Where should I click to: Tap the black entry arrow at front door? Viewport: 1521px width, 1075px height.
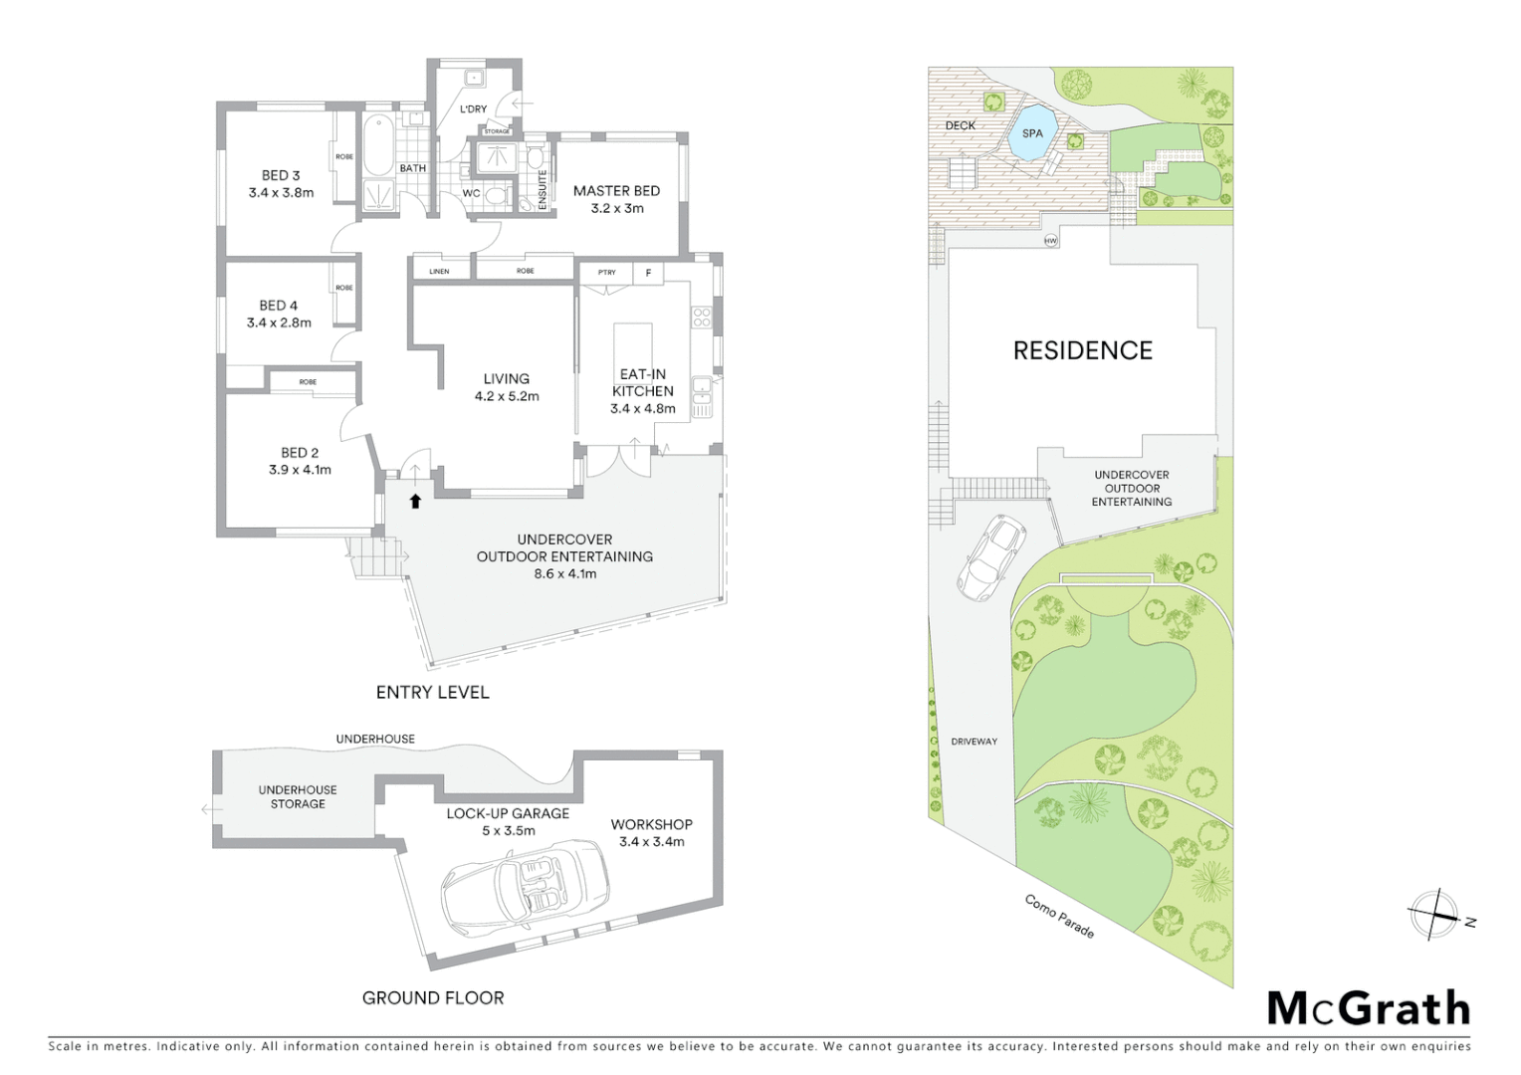tap(416, 502)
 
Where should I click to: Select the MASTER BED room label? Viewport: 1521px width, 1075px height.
tap(616, 191)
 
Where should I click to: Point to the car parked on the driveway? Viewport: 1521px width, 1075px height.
tap(990, 557)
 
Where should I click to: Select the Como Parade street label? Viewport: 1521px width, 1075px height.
tap(1060, 916)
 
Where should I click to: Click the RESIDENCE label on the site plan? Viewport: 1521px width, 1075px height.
tap(1082, 350)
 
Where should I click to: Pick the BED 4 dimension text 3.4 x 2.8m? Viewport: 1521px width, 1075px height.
tap(279, 322)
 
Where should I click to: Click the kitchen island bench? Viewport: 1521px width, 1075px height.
tap(632, 344)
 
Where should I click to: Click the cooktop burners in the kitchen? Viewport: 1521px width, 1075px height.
tap(702, 318)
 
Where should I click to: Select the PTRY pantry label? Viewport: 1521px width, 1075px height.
tap(606, 273)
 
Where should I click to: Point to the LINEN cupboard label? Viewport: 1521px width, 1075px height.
tap(439, 271)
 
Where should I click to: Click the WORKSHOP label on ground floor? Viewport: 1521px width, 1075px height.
tap(651, 824)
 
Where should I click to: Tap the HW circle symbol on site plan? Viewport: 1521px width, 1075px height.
tap(1050, 241)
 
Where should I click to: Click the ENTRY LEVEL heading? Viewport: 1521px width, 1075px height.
tap(432, 692)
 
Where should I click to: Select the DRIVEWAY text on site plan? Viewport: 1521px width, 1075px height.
tap(974, 742)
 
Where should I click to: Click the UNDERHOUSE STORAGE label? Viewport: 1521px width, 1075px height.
tap(298, 796)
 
